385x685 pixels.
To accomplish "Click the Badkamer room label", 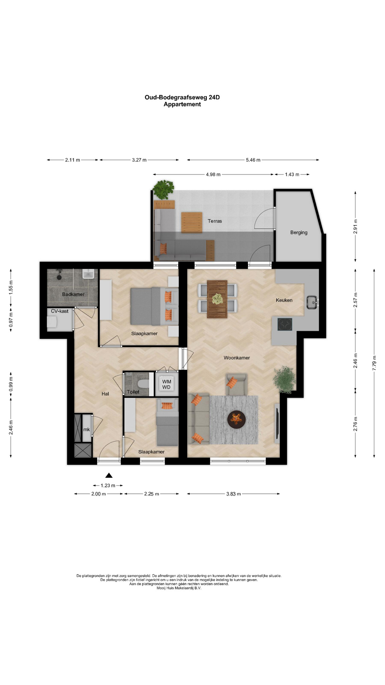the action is coord(73,294).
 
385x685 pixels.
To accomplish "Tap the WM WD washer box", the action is coord(166,384).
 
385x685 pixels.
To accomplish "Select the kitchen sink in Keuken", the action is coord(312,303).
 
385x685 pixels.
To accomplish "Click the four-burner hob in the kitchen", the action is coord(285,324).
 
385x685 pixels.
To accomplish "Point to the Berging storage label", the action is coord(299,233).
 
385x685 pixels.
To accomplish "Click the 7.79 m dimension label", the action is coord(374,363).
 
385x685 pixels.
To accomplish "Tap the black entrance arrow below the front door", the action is coord(109,475).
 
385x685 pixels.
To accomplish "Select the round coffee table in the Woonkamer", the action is coord(236,419).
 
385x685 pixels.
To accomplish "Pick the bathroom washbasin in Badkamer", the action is coord(88,274).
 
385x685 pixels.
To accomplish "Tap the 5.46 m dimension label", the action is coord(253,160).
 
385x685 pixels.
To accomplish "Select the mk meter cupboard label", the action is coord(87,430).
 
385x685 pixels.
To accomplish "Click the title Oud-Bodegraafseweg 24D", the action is coord(182,97).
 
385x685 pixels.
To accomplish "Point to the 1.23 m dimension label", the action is coord(108,486).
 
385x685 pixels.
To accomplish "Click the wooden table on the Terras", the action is coord(192,223).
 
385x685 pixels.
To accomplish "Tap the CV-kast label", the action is coord(60,311).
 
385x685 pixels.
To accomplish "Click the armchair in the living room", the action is coord(236,384).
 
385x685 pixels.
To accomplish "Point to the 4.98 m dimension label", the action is coord(213,174).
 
